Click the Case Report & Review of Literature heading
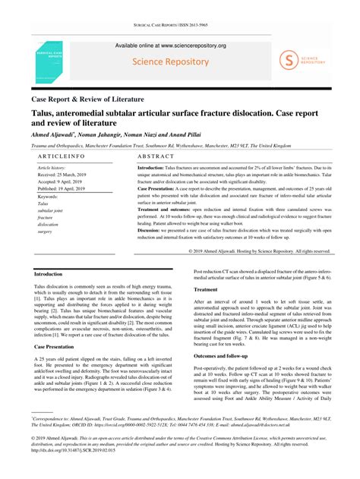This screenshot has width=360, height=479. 87,99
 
